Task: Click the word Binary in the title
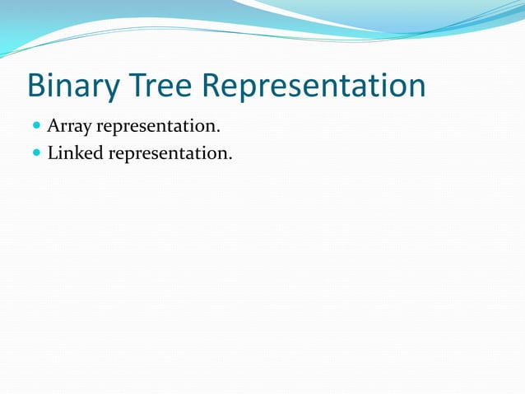point(72,86)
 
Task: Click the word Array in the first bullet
point(68,127)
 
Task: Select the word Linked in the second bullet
point(72,152)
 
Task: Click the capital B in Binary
point(36,86)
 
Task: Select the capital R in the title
point(216,86)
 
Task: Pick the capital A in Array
point(53,126)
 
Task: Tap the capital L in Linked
point(53,152)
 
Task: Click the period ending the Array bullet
point(218,132)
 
